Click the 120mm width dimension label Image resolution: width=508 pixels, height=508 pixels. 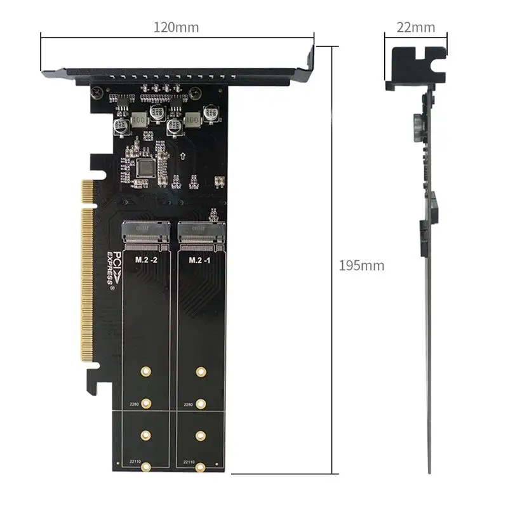[177, 27]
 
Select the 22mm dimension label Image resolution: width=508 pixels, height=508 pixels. [416, 27]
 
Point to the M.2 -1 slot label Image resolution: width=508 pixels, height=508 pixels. [200, 260]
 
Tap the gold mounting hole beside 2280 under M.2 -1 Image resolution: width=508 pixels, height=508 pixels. [201, 403]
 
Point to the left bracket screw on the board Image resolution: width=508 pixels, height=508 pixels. [96, 93]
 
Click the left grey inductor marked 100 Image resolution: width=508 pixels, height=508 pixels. [139, 119]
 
